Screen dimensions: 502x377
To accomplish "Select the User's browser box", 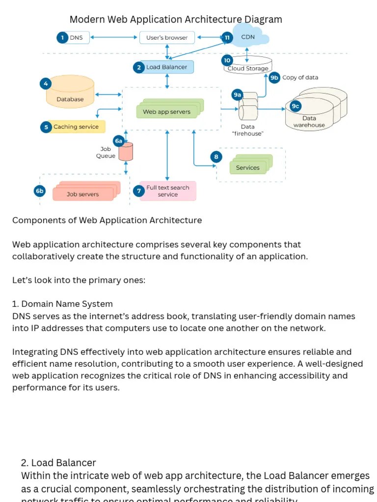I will pyautogui.click(x=167, y=37).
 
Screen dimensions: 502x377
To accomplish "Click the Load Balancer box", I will pyautogui.click(x=167, y=67).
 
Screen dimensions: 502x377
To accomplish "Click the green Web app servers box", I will pyautogui.click(x=167, y=111).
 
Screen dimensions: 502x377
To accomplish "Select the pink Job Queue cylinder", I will pyautogui.click(x=126, y=152).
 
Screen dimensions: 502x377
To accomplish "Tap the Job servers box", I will pyautogui.click(x=83, y=194).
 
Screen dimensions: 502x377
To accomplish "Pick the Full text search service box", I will pyautogui.click(x=167, y=191).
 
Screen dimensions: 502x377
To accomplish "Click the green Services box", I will pyautogui.click(x=248, y=168).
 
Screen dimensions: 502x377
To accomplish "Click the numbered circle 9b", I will pyautogui.click(x=274, y=77).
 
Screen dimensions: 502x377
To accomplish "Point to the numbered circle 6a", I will pyautogui.click(x=118, y=141).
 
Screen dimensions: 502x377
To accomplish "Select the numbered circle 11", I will pyautogui.click(x=227, y=37).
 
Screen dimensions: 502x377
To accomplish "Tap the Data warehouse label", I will pyautogui.click(x=309, y=122).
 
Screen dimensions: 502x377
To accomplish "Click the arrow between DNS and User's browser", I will pyautogui.click(x=113, y=37).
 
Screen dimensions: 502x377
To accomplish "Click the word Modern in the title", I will pyautogui.click(x=87, y=20).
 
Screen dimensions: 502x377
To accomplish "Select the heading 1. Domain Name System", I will pyautogui.click(x=62, y=304).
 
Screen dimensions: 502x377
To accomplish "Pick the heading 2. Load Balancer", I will pyautogui.click(x=58, y=463).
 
